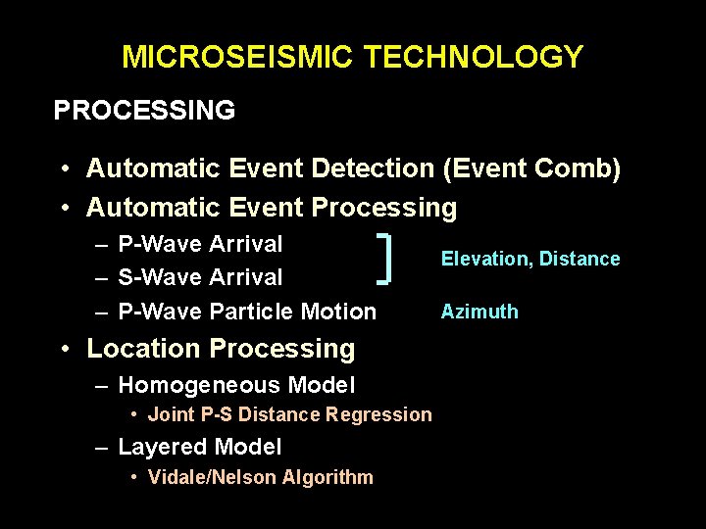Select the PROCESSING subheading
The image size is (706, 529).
[144, 110]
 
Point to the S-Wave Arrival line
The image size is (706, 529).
[200, 277]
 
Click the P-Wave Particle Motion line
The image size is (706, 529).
[247, 312]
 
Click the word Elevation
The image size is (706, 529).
[481, 259]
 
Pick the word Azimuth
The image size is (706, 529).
[479, 312]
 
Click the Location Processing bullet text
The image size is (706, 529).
[221, 348]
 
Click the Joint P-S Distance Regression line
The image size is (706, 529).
[289, 414]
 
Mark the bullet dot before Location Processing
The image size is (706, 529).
[63, 349]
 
